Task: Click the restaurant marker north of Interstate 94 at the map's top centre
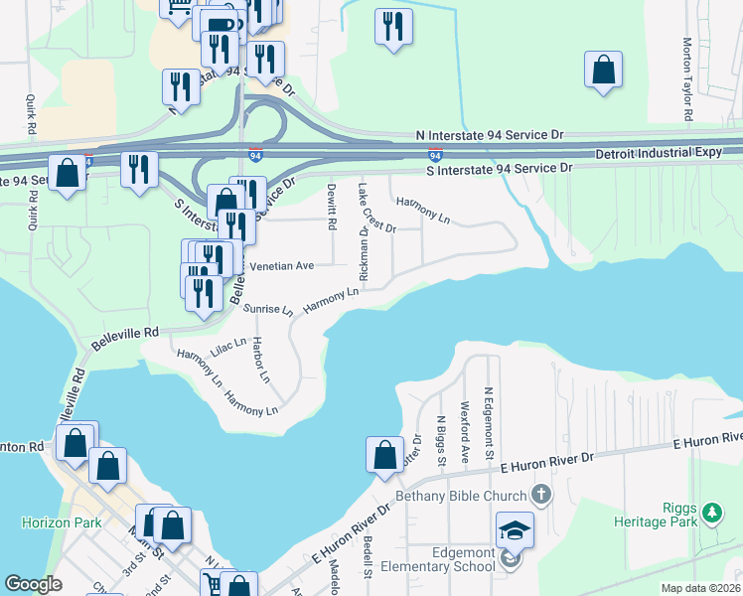[x=393, y=26]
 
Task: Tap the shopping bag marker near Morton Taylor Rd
[x=603, y=71]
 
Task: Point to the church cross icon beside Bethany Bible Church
[x=540, y=494]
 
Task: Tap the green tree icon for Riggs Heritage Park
[x=711, y=513]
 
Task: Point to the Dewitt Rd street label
[x=332, y=207]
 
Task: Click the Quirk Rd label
[x=32, y=114]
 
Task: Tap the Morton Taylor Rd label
[x=687, y=79]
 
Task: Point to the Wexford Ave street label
[x=464, y=433]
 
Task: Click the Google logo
[x=33, y=583]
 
